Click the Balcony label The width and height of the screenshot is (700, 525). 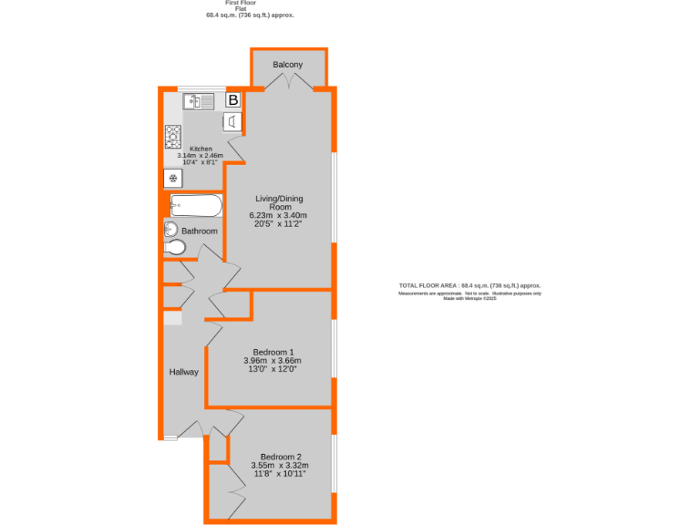click(x=288, y=65)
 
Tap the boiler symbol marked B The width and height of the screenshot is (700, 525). click(x=232, y=100)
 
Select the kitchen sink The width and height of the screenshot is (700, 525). click(x=198, y=100)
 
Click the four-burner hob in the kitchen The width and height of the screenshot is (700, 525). click(x=172, y=137)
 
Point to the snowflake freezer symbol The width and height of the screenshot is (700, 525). click(x=172, y=179)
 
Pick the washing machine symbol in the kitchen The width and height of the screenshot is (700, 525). click(x=232, y=122)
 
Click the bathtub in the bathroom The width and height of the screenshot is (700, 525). click(x=195, y=206)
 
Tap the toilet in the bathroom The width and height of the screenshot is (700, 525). click(x=175, y=247)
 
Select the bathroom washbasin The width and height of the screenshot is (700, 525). click(x=170, y=229)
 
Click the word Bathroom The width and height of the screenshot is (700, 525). click(x=200, y=232)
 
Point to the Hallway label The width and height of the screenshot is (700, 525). click(x=183, y=372)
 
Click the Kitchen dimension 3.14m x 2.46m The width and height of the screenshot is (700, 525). click(x=200, y=156)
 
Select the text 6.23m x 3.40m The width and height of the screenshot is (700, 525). click(x=279, y=216)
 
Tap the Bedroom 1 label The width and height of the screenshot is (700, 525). click(x=273, y=352)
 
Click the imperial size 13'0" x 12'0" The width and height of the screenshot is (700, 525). click(x=273, y=370)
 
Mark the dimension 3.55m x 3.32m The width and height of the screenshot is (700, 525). click(x=280, y=466)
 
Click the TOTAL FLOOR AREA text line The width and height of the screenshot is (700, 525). click(x=470, y=285)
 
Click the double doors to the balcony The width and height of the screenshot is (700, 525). click(x=289, y=84)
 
